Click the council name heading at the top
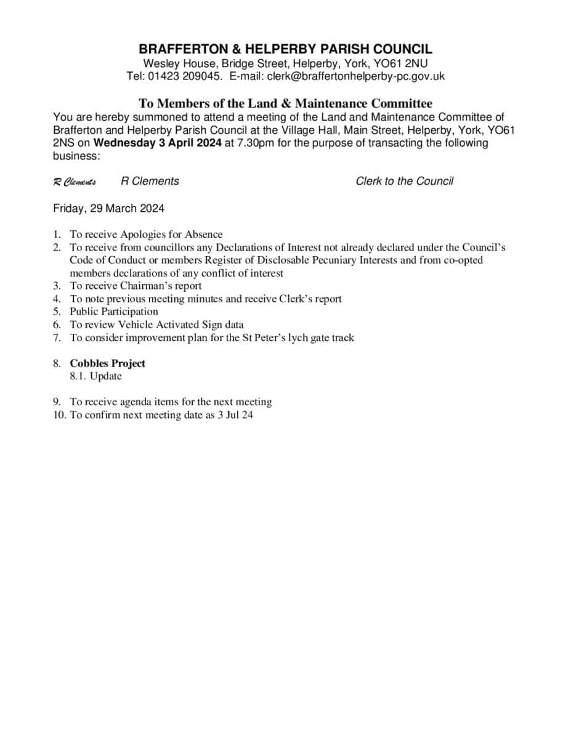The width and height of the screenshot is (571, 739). (285, 49)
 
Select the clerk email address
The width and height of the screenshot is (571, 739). (355, 76)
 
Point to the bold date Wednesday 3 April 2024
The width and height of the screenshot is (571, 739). (157, 143)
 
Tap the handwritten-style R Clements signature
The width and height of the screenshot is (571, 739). (75, 182)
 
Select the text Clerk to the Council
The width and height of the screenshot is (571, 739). (404, 181)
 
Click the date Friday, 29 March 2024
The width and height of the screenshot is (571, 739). (108, 208)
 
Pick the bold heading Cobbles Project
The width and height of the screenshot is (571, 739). (107, 363)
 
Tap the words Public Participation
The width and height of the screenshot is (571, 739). (113, 312)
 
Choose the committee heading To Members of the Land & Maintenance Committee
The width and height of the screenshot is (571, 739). (285, 103)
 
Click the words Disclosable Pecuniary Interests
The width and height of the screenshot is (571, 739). (327, 260)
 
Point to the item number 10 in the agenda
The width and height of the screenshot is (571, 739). (59, 415)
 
